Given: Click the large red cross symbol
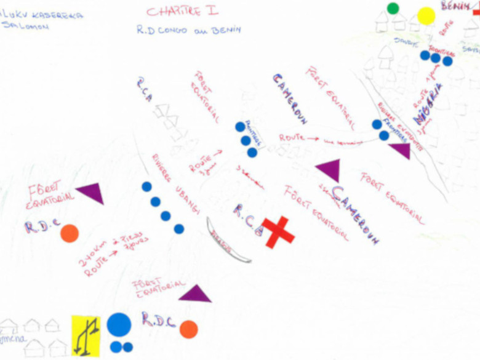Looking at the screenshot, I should (279, 231).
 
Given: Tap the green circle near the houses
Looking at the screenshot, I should (393, 8).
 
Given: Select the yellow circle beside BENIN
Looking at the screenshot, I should (426, 16).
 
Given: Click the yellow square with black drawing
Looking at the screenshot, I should (86, 335).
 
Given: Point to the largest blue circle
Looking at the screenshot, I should (119, 325).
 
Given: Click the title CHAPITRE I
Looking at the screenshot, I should (182, 10).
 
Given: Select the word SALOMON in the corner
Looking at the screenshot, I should (25, 27).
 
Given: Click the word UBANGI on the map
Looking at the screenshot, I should (187, 199).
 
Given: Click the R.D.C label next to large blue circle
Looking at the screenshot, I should (158, 319).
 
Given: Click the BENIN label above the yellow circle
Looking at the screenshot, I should (456, 6).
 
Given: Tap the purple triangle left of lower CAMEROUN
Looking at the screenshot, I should (328, 170).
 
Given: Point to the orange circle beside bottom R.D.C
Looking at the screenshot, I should (188, 329).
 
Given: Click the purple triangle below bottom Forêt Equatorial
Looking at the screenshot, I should (196, 294).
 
